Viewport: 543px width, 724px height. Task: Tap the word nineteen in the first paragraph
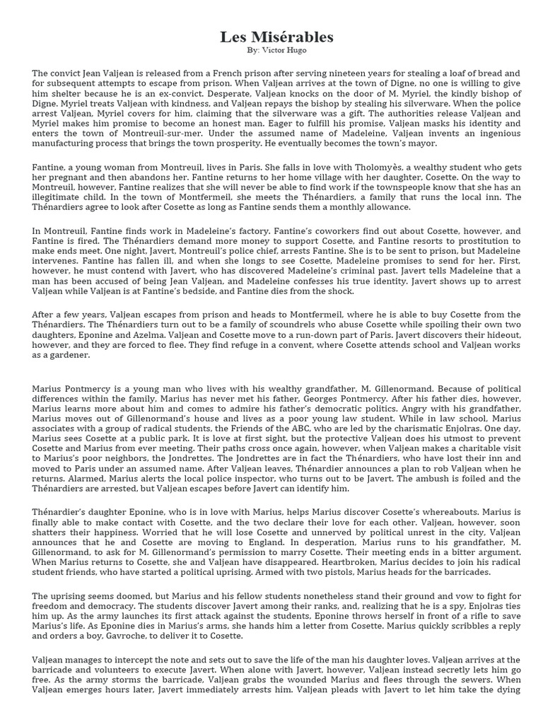[x=339, y=73]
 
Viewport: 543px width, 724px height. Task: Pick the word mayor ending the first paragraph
[x=422, y=143]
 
